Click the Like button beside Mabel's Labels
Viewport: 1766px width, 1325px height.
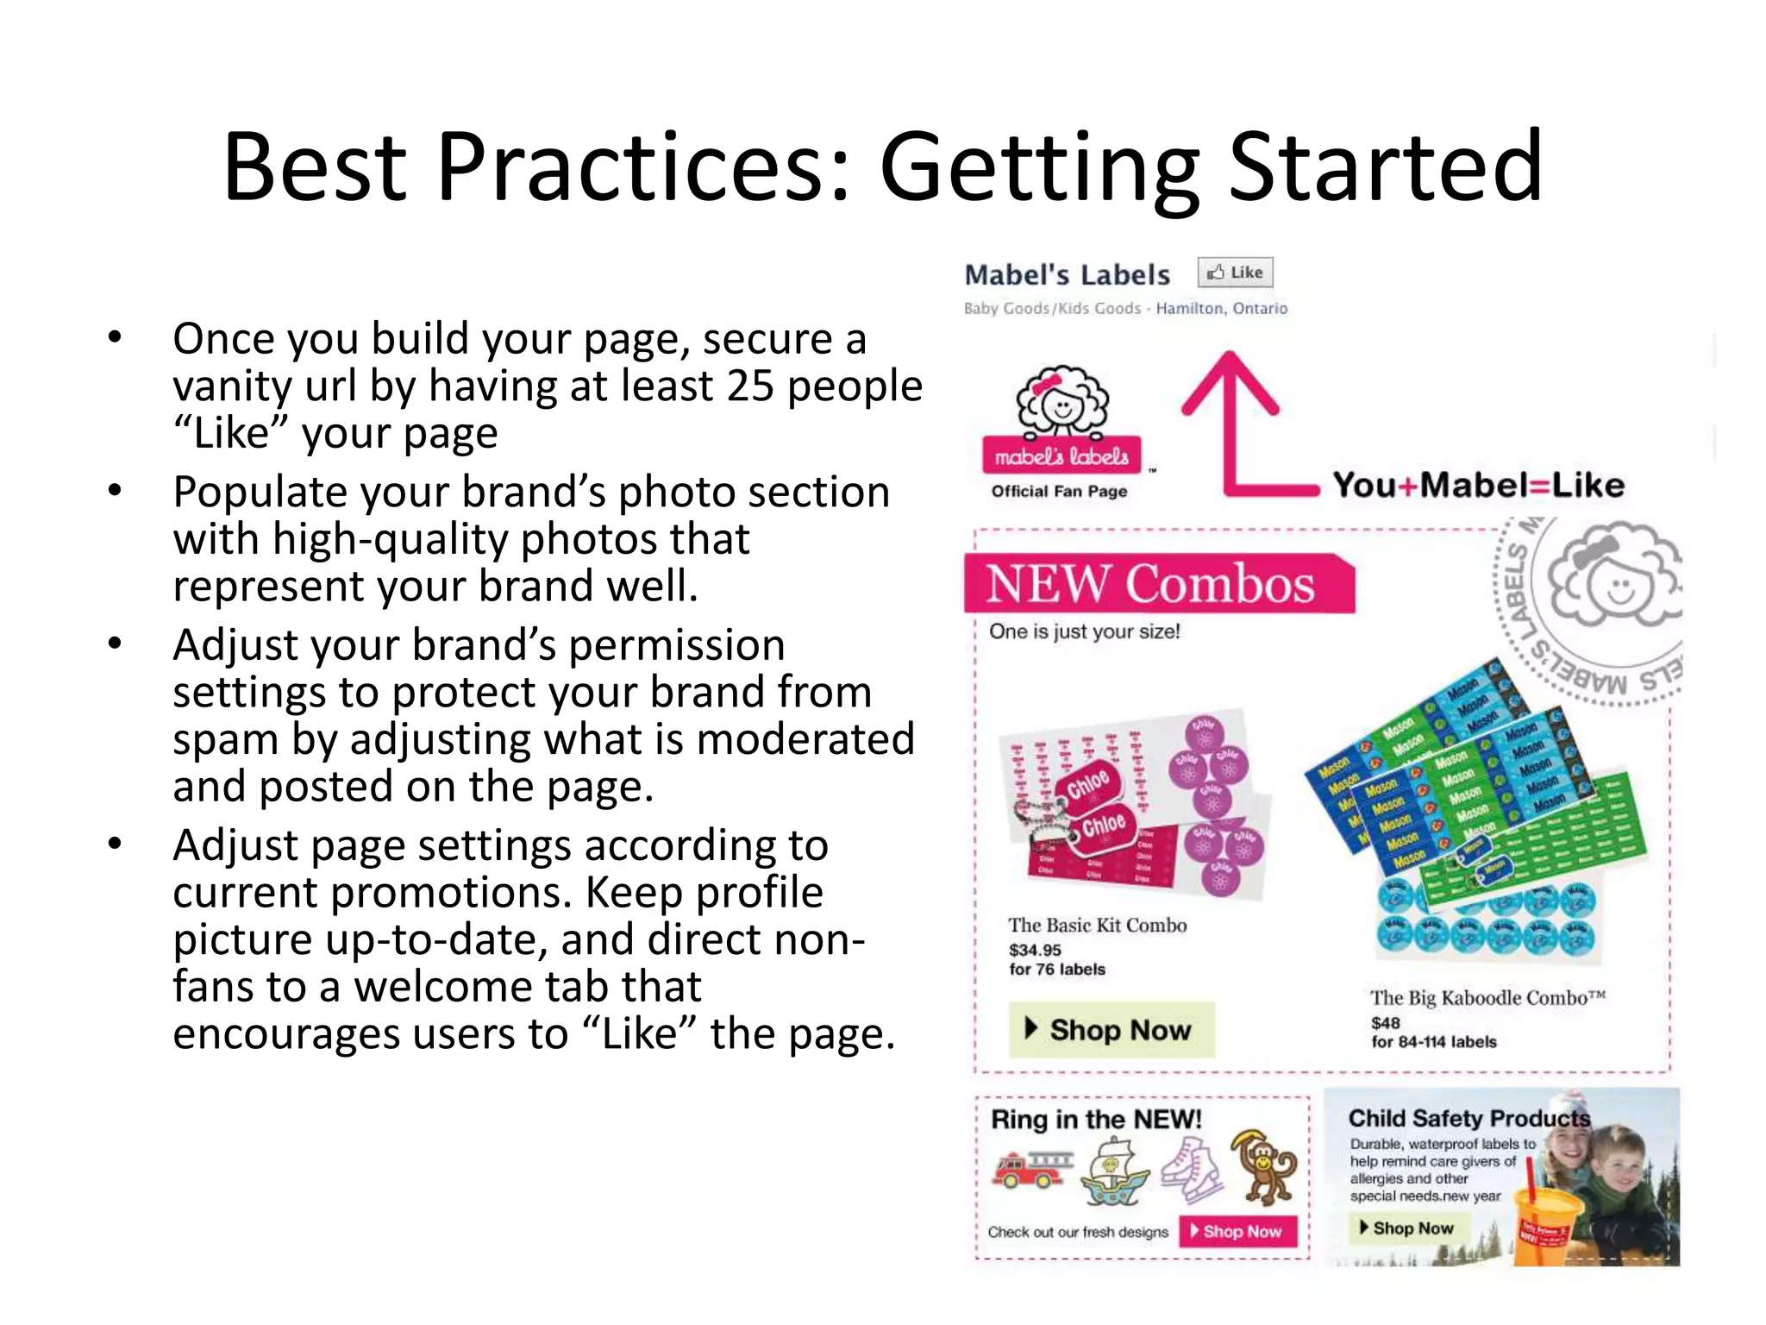(x=1235, y=273)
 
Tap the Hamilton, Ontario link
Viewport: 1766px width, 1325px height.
(x=1221, y=308)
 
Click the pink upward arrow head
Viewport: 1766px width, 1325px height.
(x=1230, y=380)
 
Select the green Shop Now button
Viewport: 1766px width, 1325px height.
(x=1112, y=1029)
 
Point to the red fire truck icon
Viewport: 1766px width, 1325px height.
(x=1031, y=1168)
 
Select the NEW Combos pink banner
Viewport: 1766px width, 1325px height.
(x=1158, y=584)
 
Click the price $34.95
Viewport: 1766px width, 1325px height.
(x=1035, y=950)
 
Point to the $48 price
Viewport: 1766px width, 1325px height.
(x=1385, y=1022)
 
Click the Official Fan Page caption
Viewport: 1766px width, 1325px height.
(x=1059, y=491)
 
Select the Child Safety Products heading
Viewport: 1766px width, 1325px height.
(x=1469, y=1118)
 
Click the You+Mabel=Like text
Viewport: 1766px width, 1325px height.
(x=1478, y=485)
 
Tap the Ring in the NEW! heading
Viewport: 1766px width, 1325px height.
(x=1096, y=1119)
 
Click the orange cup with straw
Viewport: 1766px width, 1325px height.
(x=1549, y=1225)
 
